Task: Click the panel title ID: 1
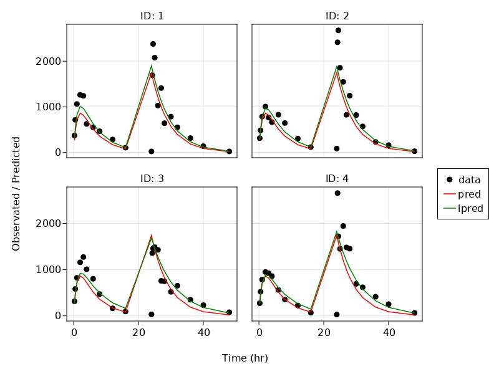coord(152,16)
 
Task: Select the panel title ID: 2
coord(337,16)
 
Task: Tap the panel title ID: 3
coord(152,179)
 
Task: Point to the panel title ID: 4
coord(337,179)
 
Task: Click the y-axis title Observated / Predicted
coord(16,194)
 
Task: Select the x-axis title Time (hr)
coord(245,358)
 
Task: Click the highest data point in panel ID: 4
coord(337,193)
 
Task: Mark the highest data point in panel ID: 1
coord(153,44)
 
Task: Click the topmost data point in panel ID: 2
coord(338,31)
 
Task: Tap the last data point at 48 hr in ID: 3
coord(229,312)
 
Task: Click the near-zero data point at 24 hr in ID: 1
coord(151,151)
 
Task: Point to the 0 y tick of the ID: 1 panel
coord(58,153)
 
